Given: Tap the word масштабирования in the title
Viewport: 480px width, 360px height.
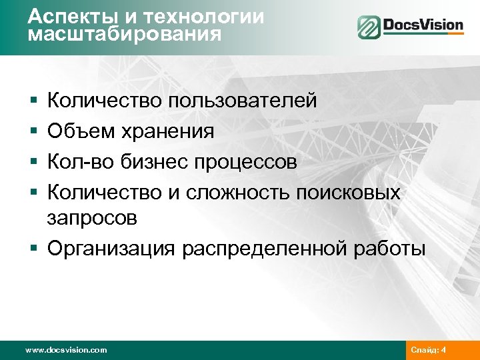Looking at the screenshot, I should (125, 33).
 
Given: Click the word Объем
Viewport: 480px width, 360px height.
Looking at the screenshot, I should (81, 132).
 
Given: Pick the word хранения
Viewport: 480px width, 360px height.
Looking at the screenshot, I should (167, 132).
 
